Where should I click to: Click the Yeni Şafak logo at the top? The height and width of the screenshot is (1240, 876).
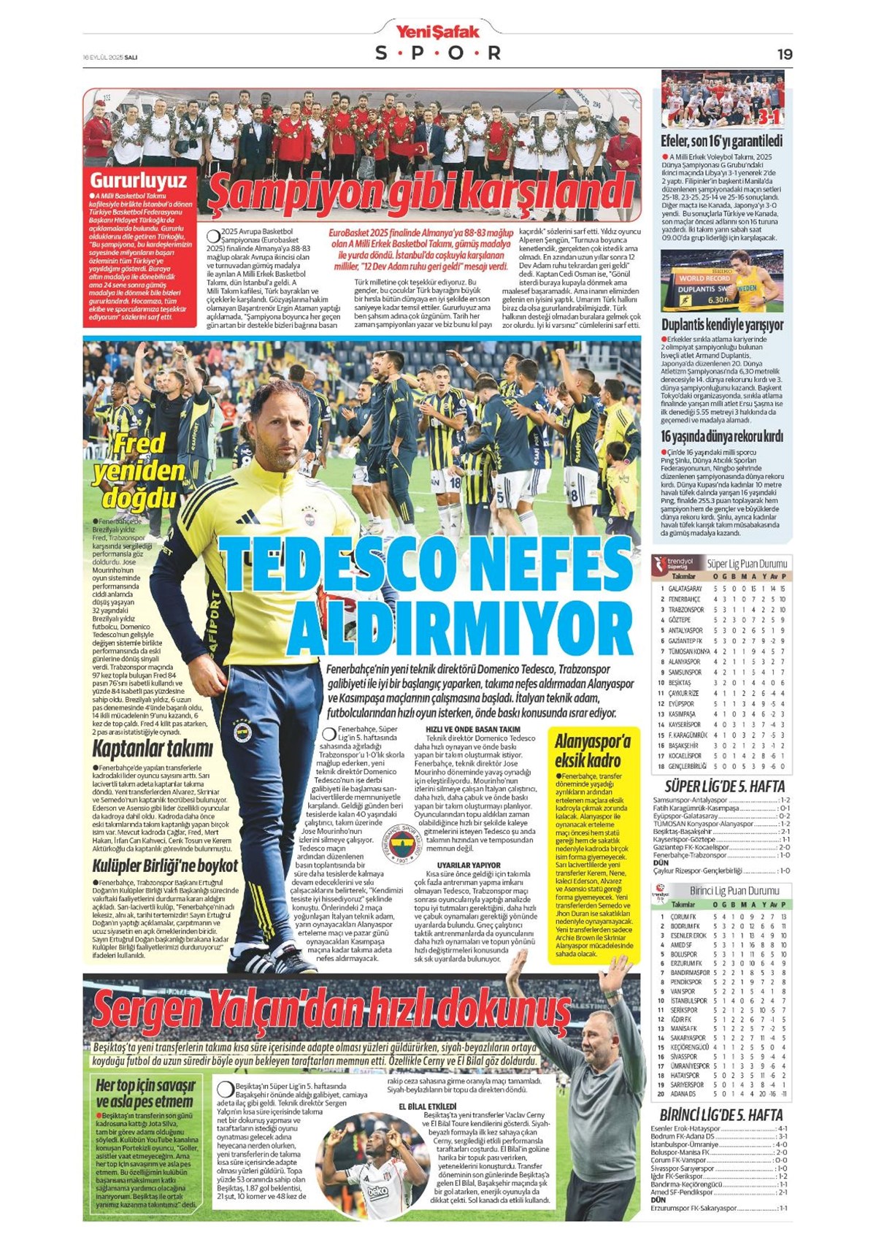click(x=437, y=31)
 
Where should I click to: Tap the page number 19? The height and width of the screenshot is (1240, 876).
click(x=784, y=54)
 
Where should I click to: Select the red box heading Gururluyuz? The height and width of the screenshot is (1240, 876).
click(x=138, y=181)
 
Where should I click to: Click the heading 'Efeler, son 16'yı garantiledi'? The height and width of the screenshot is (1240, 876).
click(x=721, y=141)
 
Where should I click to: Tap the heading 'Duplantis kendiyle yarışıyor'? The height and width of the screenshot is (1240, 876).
click(x=722, y=324)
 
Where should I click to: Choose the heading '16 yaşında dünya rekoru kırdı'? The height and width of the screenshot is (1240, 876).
click(x=722, y=437)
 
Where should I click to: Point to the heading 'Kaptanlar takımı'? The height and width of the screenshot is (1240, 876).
click(x=153, y=749)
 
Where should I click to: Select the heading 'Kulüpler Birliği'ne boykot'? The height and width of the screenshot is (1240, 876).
click(x=165, y=866)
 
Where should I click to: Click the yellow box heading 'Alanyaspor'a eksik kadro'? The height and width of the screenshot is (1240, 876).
click(x=592, y=751)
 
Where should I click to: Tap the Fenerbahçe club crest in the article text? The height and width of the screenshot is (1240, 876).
click(x=404, y=846)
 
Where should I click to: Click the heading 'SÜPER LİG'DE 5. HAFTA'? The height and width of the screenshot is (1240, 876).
click(x=724, y=787)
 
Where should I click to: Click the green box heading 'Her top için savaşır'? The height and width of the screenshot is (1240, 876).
click(x=145, y=1093)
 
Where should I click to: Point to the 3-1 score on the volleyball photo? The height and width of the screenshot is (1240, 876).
click(x=768, y=117)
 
